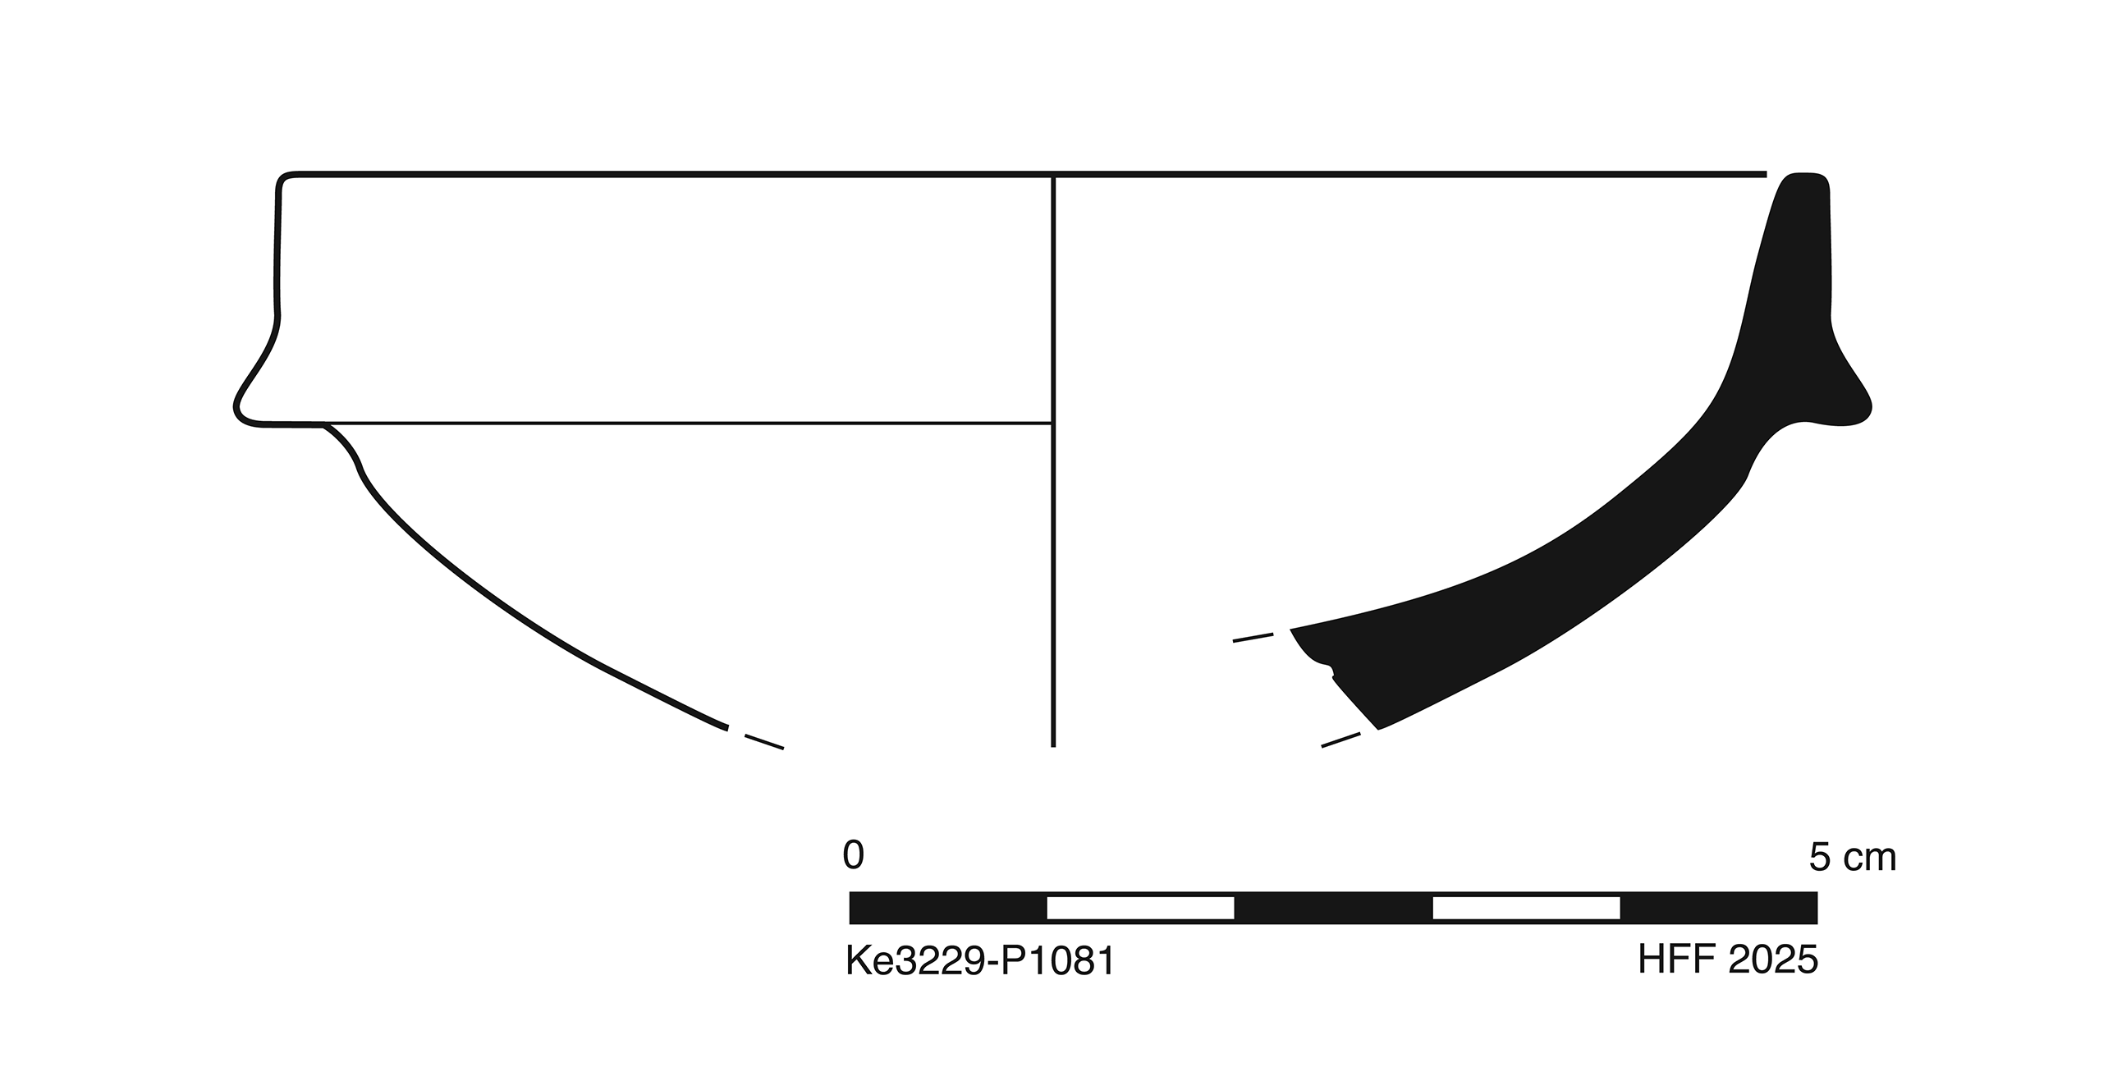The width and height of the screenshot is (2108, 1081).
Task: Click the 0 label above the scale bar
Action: [x=853, y=856]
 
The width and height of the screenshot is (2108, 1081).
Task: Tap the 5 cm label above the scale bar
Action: [x=1853, y=858]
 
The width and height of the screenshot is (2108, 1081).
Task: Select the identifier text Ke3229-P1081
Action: [x=980, y=961]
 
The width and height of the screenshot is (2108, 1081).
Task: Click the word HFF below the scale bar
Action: [x=1674, y=960]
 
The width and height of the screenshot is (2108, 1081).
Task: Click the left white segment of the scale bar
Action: [x=1140, y=908]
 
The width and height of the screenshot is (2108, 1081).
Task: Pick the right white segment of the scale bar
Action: [x=1526, y=908]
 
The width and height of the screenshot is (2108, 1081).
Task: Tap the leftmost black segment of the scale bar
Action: [x=948, y=908]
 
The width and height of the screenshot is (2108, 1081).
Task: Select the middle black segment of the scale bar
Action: [x=1333, y=908]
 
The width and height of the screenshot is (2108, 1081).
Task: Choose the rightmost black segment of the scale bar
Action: [x=1719, y=908]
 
